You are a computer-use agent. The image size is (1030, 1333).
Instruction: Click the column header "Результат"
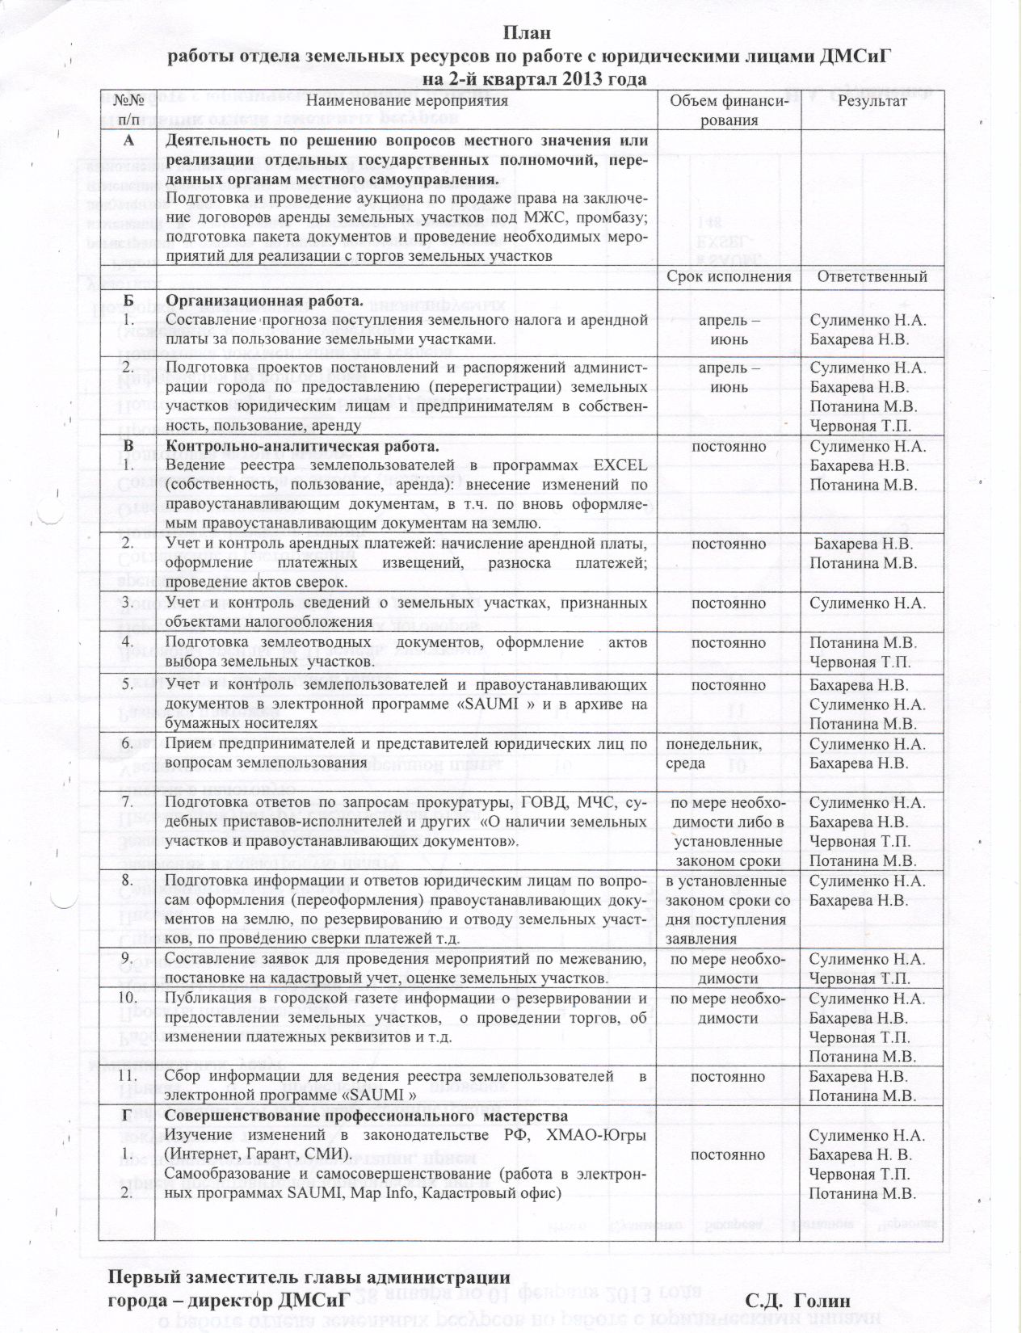pyautogui.click(x=872, y=101)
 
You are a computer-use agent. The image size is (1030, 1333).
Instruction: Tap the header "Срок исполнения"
pyautogui.click(x=728, y=276)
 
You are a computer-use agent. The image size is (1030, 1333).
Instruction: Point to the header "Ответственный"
pyautogui.click(x=872, y=276)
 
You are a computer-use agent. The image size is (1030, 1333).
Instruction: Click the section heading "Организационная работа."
pyautogui.click(x=264, y=301)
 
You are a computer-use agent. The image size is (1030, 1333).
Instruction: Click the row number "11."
pyautogui.click(x=128, y=1076)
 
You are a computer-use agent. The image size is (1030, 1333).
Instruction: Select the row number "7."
pyautogui.click(x=128, y=802)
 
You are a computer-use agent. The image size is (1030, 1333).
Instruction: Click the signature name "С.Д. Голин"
pyautogui.click(x=798, y=1301)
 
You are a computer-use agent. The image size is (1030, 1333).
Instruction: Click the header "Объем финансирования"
pyautogui.click(x=728, y=110)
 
